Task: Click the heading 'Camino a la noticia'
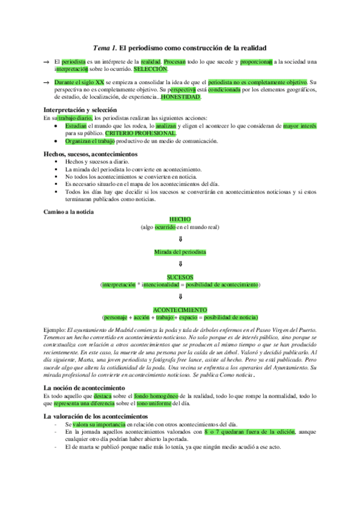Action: tap(69, 212)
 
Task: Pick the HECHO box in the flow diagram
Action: tap(180, 220)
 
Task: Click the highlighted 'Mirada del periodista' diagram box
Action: tap(180, 250)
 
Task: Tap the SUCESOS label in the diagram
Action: tap(180, 277)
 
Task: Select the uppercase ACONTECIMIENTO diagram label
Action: tap(180, 310)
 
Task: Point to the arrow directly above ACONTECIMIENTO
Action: tap(180, 296)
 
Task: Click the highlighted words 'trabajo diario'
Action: tap(75, 118)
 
